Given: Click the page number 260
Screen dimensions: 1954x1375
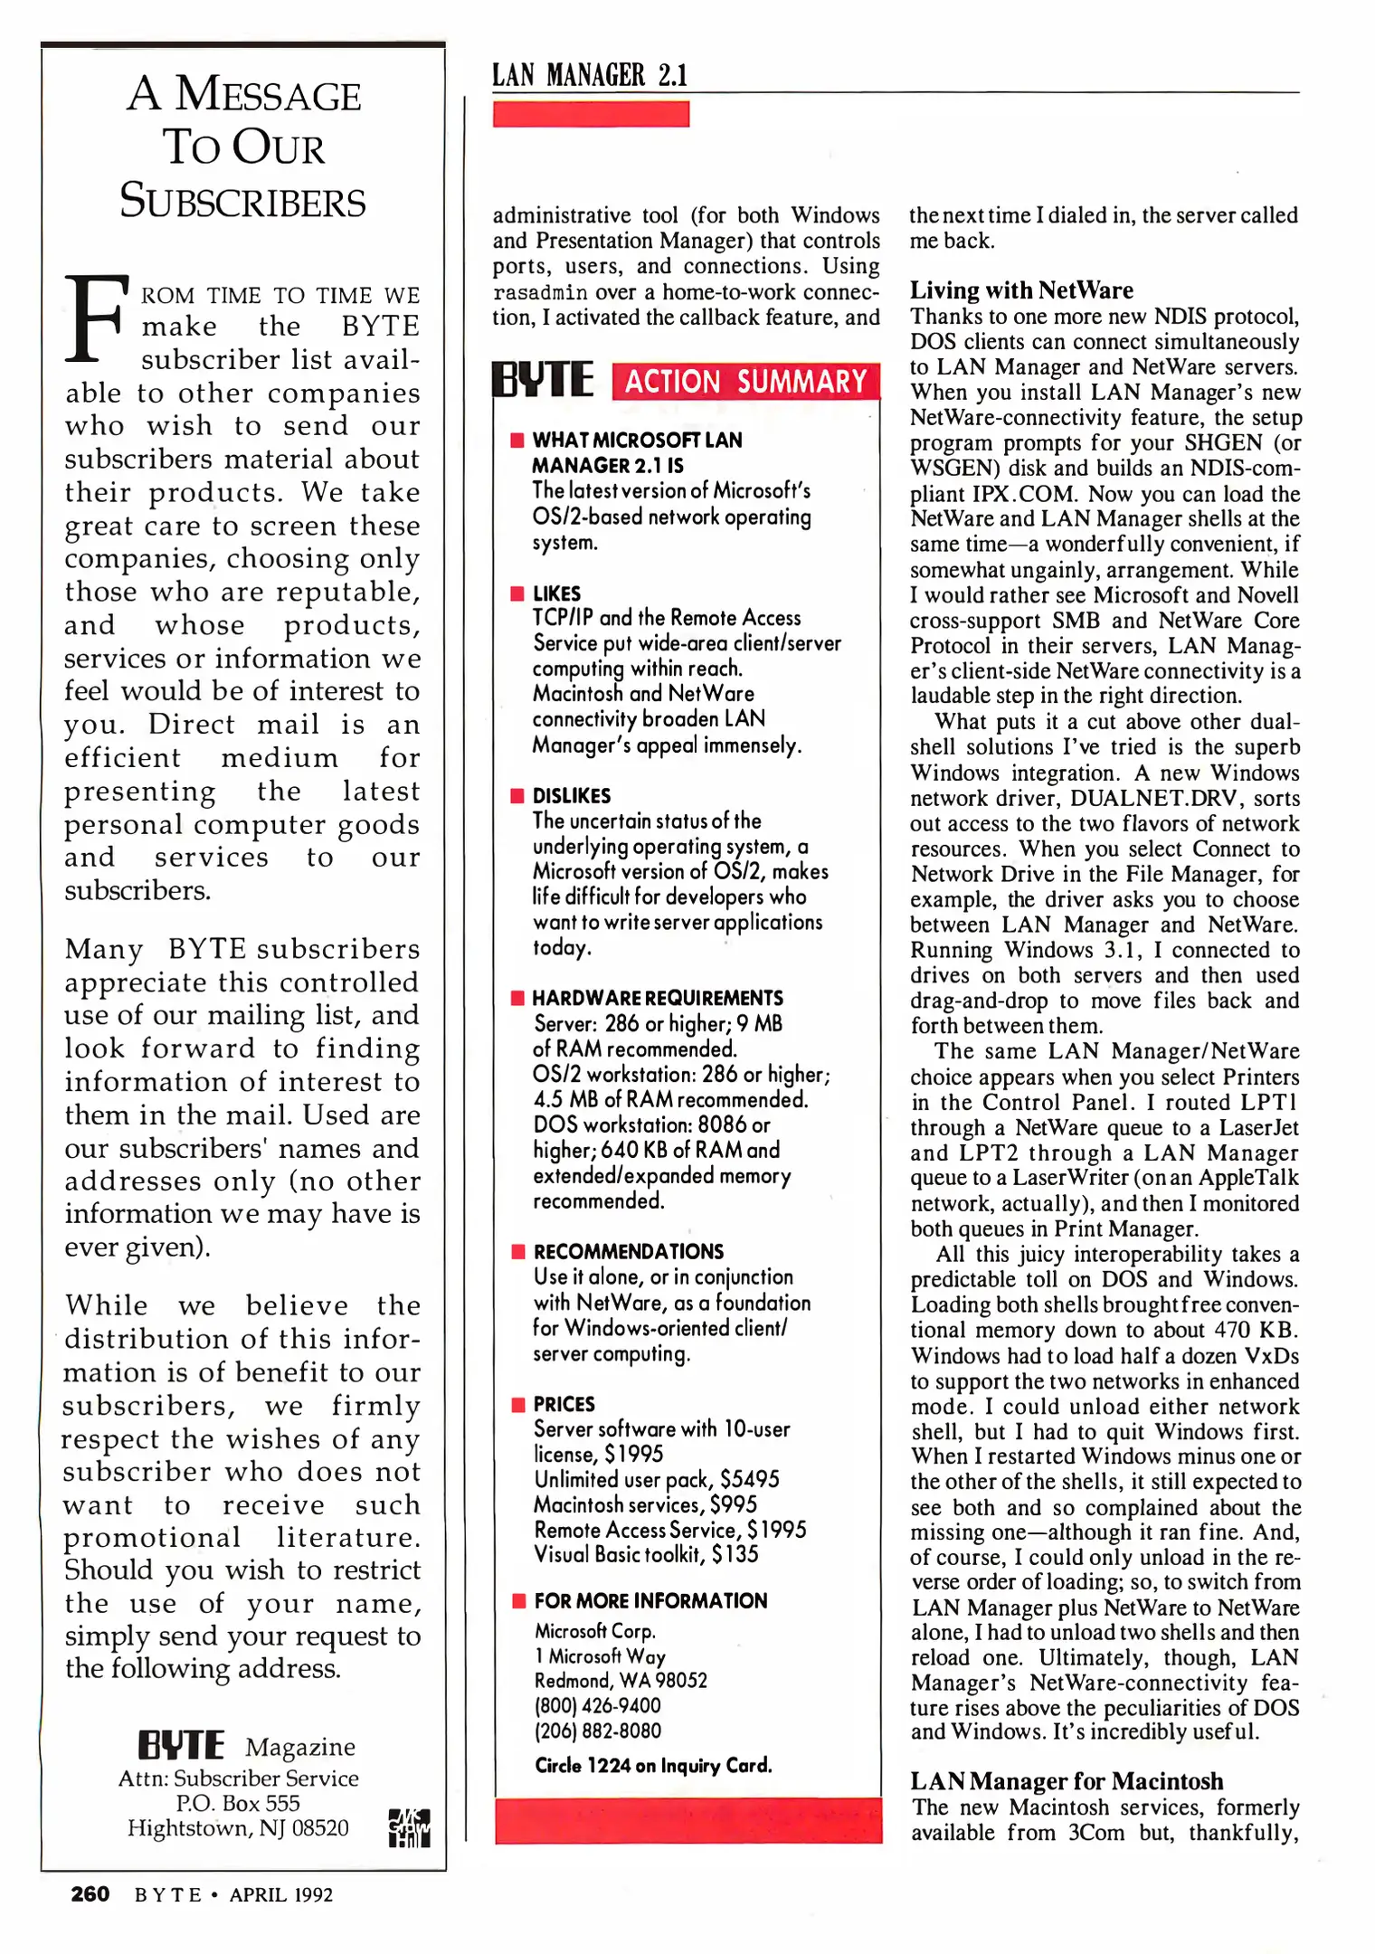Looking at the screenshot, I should coord(90,1894).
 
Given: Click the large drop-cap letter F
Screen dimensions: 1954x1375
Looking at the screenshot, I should coord(93,318).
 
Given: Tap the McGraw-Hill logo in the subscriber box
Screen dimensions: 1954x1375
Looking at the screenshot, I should coord(409,1828).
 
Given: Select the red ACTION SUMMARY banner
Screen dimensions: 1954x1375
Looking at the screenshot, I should coord(745,382).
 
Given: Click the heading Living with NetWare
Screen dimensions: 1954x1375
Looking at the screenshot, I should coord(1021,290).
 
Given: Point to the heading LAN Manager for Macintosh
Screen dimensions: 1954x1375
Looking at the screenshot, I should coord(1067,1781).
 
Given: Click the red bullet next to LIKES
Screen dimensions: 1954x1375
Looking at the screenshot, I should coord(517,593).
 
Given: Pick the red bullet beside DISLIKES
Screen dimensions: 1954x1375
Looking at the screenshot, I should coord(517,796).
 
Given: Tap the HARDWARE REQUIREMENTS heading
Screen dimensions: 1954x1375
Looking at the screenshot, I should coord(658,998).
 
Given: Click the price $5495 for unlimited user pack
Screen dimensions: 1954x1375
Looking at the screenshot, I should coord(750,1479).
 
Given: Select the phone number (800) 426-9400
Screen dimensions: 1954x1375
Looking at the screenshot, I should coord(597,1705).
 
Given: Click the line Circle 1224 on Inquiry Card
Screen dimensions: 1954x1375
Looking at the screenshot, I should coord(653,1765).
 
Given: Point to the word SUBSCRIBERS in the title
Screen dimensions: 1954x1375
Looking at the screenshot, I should coord(242,201).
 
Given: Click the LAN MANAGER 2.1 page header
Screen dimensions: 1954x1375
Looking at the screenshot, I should coord(590,75).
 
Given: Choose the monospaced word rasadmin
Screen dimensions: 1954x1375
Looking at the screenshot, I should coord(540,293).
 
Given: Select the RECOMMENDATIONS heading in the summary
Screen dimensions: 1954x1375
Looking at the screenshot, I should coord(629,1251).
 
